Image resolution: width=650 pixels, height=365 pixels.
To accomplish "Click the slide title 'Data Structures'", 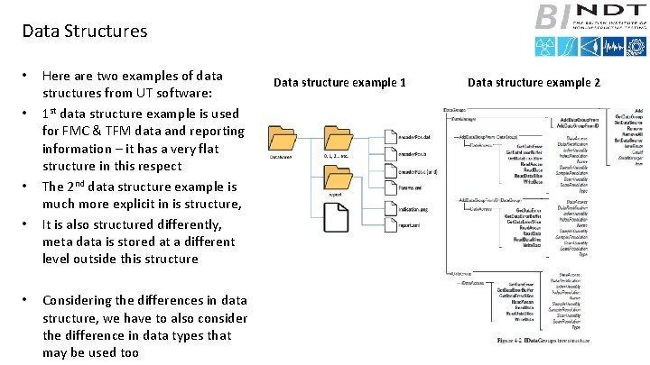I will click(x=84, y=31).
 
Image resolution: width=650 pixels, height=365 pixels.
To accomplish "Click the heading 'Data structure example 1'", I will click(x=339, y=83).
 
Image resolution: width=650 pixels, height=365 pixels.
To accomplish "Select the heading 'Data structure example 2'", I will click(x=533, y=83).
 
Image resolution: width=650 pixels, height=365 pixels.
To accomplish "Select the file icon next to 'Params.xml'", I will click(x=388, y=187).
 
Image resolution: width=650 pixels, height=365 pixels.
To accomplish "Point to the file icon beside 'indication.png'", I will click(x=388, y=207).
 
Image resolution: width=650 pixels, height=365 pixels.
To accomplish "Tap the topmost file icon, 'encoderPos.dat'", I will click(x=388, y=136).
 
